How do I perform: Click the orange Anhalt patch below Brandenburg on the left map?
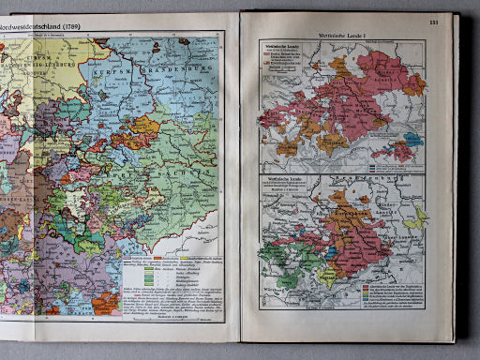[145, 125]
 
